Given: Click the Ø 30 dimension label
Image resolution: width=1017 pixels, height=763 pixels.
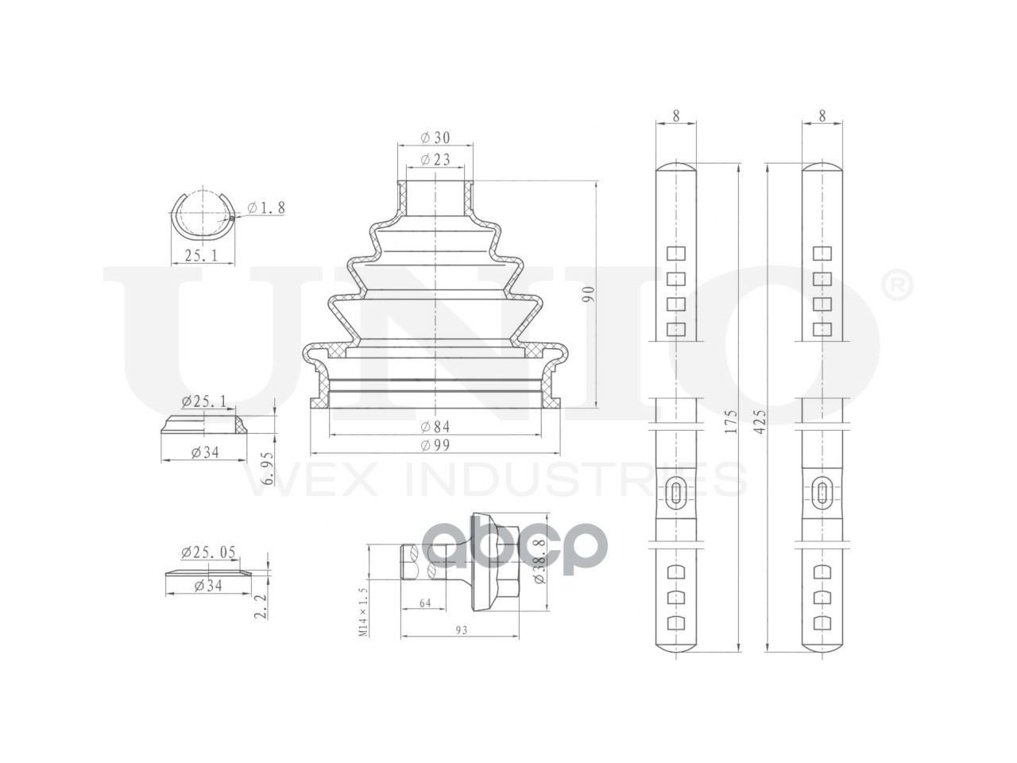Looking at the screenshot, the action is tap(435, 137).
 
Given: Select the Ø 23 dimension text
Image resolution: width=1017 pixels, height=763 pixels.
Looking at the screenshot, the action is tap(435, 160).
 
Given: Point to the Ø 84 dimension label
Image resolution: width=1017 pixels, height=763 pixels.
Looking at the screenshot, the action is tap(435, 426).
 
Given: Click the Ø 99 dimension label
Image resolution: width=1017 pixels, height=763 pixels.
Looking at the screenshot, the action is tap(435, 445).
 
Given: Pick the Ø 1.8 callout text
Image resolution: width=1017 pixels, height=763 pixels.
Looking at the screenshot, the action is tap(266, 207).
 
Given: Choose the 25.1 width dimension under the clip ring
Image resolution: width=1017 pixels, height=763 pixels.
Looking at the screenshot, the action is tap(202, 255).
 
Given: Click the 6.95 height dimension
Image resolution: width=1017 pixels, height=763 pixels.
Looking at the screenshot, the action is tap(267, 468).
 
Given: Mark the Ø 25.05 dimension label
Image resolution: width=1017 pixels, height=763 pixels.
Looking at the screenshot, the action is tap(208, 552).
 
